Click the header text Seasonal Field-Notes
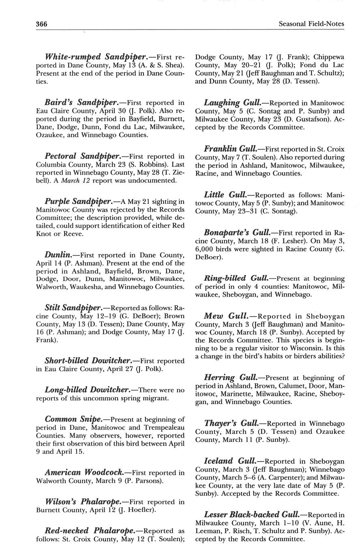[311, 24]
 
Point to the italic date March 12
[76, 181]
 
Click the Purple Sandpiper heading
[78, 201]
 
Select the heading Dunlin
[59, 255]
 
